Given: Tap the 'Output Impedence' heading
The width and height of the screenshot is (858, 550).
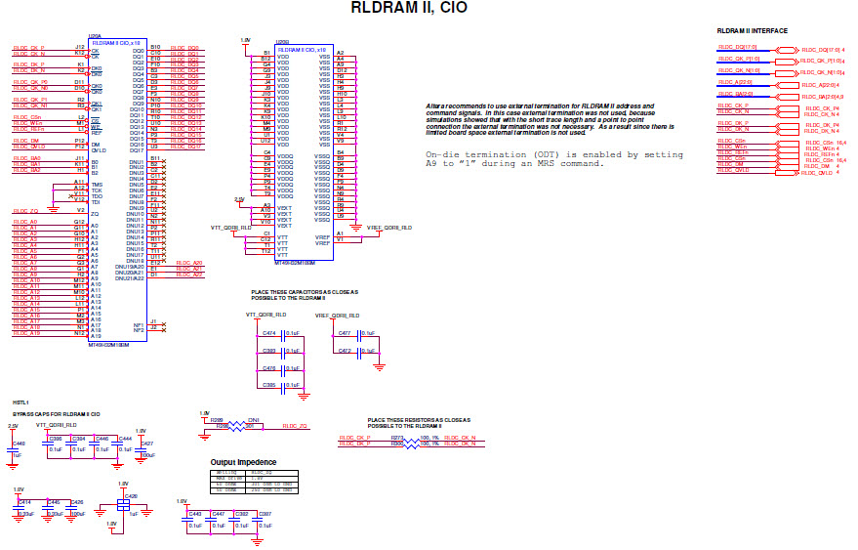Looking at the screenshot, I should point(243,462).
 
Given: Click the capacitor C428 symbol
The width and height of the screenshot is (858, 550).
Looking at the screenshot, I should point(123,503).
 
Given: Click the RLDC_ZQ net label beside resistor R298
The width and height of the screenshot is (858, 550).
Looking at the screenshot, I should point(295,427).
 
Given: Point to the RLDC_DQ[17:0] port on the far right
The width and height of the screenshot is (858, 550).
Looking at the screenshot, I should point(821,49).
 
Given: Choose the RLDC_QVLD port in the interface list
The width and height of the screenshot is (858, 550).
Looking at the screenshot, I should point(818,173).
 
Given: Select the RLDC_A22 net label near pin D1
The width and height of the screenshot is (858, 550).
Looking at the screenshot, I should point(189,275).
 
